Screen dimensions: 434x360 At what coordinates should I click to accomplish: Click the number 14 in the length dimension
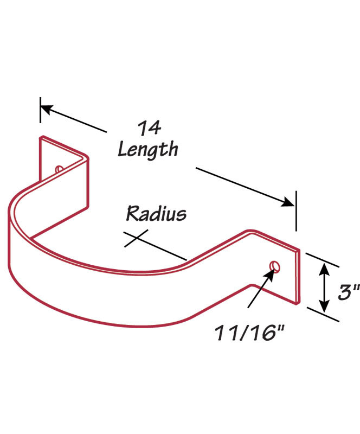click(x=150, y=129)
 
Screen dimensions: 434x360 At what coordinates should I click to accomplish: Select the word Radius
click(x=156, y=214)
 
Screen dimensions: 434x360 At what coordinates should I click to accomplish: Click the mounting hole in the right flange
click(x=275, y=266)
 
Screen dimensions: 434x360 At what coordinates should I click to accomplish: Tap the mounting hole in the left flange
click(x=59, y=169)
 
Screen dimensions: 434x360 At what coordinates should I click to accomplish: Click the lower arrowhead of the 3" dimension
click(x=324, y=307)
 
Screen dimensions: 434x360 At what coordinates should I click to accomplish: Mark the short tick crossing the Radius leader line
click(x=136, y=238)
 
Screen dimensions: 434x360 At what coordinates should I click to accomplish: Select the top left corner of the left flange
click(x=41, y=137)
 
